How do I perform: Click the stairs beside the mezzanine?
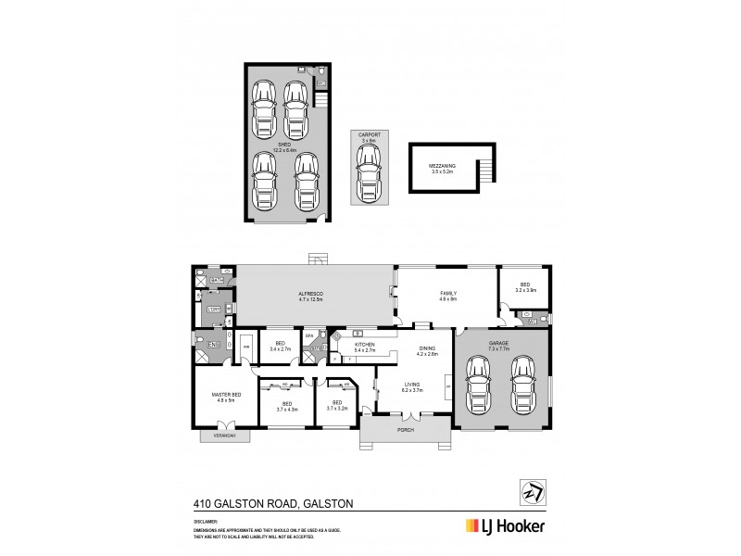pyautogui.click(x=484, y=171)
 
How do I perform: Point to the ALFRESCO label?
pyautogui.click(x=309, y=296)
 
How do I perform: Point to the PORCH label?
pyautogui.click(x=405, y=430)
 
